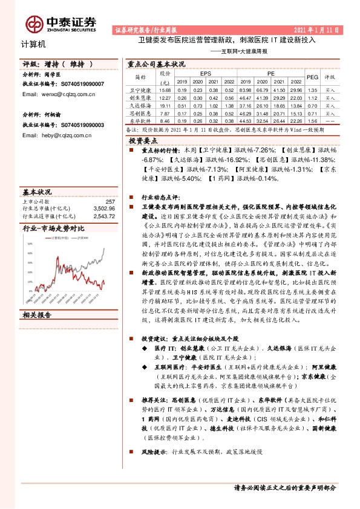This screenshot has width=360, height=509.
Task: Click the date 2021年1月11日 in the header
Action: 321,29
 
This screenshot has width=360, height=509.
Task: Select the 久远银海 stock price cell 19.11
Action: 165,105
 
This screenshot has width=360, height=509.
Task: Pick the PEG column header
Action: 312,77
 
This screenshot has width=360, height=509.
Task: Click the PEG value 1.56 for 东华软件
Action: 312,120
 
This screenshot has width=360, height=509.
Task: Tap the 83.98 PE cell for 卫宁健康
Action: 246,89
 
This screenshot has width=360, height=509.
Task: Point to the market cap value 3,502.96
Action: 104,209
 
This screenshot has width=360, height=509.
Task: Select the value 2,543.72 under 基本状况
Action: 104,216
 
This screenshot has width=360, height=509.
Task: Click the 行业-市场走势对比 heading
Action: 53,229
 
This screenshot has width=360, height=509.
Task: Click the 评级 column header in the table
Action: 330,77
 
